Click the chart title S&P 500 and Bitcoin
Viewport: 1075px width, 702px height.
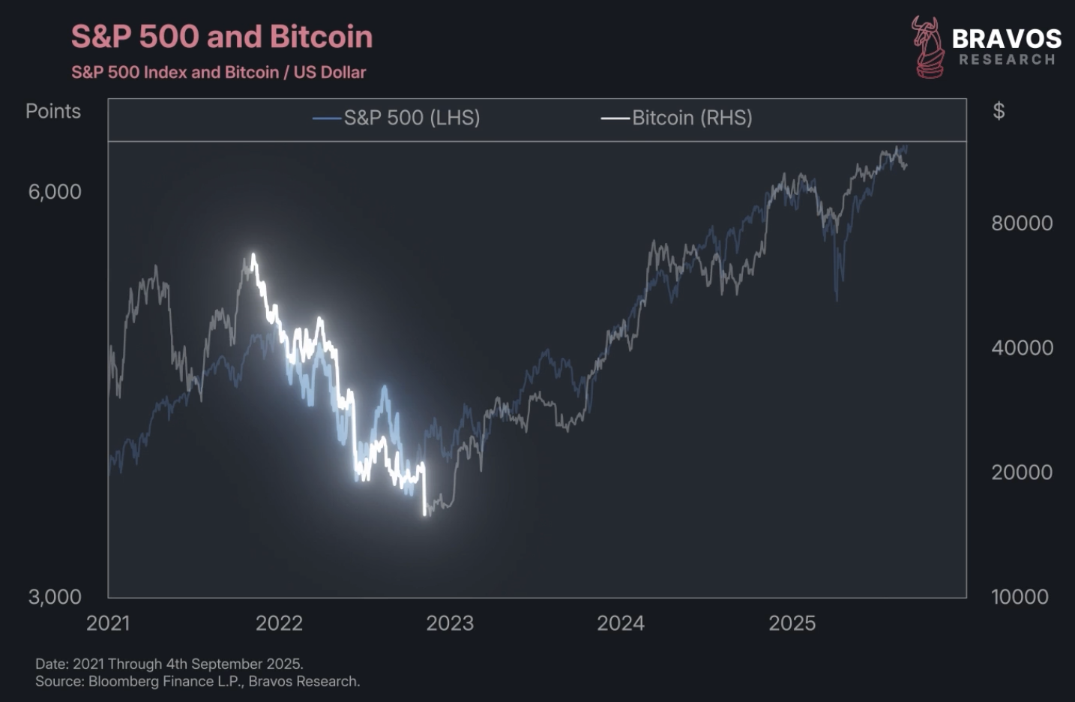222,37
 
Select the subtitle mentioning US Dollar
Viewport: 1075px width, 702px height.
218,73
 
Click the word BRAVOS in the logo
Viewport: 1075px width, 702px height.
1006,39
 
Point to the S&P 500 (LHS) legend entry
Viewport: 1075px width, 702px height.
397,118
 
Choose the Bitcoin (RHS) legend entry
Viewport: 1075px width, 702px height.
677,118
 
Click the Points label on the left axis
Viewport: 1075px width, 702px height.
53,111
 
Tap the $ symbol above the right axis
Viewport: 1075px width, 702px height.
999,111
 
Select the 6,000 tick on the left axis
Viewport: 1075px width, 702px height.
55,192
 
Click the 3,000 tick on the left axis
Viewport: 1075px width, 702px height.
55,597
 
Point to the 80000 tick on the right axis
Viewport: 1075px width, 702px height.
1022,223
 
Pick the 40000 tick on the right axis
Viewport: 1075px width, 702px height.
1022,347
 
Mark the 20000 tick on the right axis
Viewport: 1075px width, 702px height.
1022,472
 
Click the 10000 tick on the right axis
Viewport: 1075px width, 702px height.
1020,597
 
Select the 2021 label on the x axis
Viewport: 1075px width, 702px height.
108,623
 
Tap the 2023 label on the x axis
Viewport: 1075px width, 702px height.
450,623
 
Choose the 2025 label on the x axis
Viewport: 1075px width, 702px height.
792,623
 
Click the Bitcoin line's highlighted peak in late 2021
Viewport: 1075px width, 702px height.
253,256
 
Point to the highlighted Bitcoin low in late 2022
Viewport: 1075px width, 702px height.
425,514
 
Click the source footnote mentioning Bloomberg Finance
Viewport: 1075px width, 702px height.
198,682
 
